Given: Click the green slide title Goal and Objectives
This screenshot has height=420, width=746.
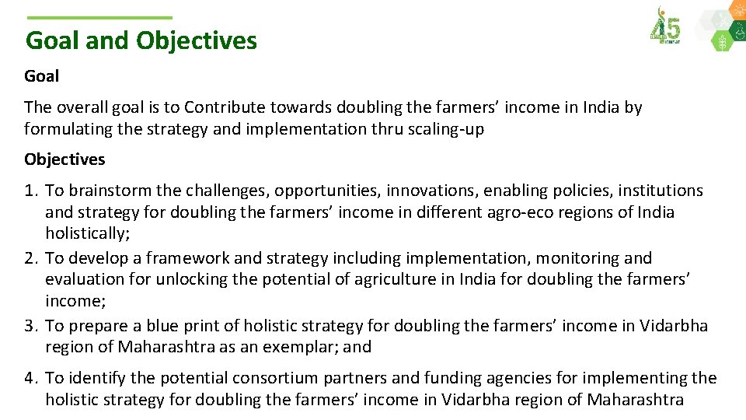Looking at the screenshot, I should point(141,40).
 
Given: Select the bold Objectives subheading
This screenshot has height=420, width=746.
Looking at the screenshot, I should point(64,159).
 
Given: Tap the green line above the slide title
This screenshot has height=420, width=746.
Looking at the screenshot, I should point(99,18).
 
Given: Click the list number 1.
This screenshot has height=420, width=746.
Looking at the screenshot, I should point(30,191).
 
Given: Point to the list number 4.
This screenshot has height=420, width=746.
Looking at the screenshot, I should point(30,378).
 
